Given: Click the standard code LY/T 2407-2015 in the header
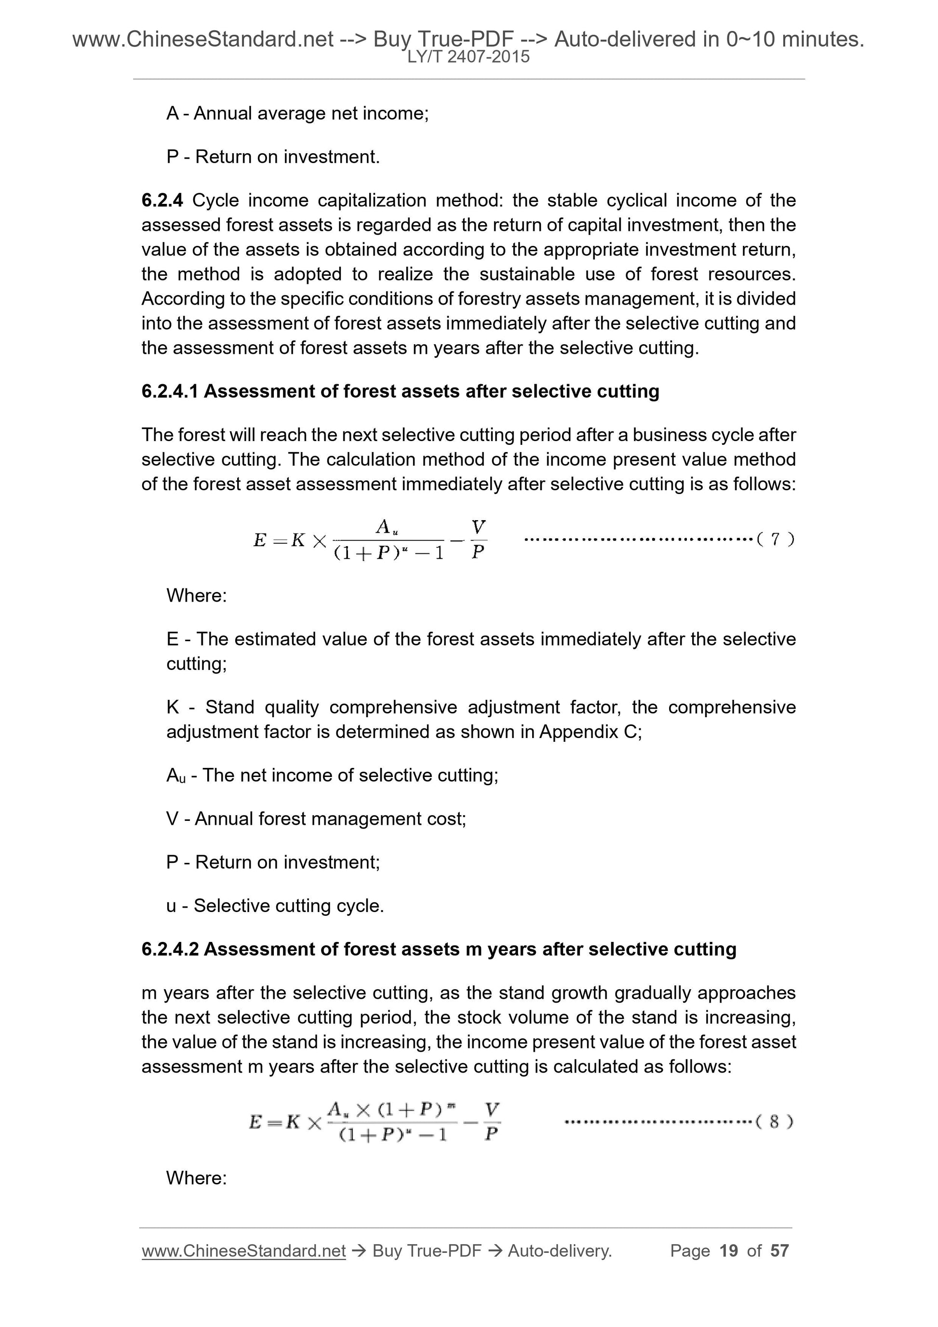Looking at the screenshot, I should tap(468, 57).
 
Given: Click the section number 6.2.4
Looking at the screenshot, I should tap(162, 201).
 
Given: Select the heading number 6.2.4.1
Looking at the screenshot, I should tap(170, 391).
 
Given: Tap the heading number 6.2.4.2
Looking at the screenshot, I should tap(170, 949).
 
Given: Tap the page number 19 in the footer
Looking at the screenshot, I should tap(729, 1251).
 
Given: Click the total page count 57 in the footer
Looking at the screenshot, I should tap(779, 1251).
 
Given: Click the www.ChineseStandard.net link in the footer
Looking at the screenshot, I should tap(243, 1251).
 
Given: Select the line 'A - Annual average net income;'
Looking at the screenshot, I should tap(297, 113).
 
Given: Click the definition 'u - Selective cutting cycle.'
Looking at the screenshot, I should tap(275, 906).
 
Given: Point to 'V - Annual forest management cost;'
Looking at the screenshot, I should tap(316, 819).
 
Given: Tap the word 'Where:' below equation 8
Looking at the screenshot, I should tap(197, 1178).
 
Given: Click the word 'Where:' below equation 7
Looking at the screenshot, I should tap(197, 595).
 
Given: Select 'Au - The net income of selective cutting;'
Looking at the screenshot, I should tap(332, 776).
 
